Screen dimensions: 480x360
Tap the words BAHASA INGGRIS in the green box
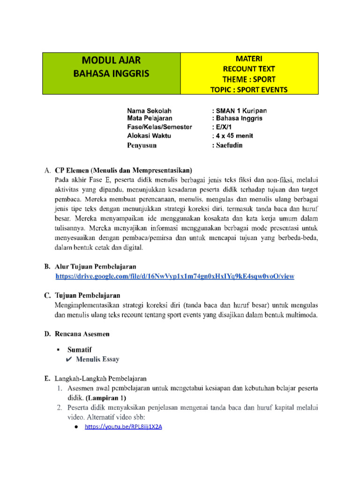[112, 74]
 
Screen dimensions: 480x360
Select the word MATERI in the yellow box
[249, 59]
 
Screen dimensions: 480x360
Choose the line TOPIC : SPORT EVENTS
[249, 89]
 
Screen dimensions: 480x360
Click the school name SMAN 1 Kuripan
[241, 111]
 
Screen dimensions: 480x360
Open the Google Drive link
[175, 277]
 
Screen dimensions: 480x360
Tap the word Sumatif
[79, 350]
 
